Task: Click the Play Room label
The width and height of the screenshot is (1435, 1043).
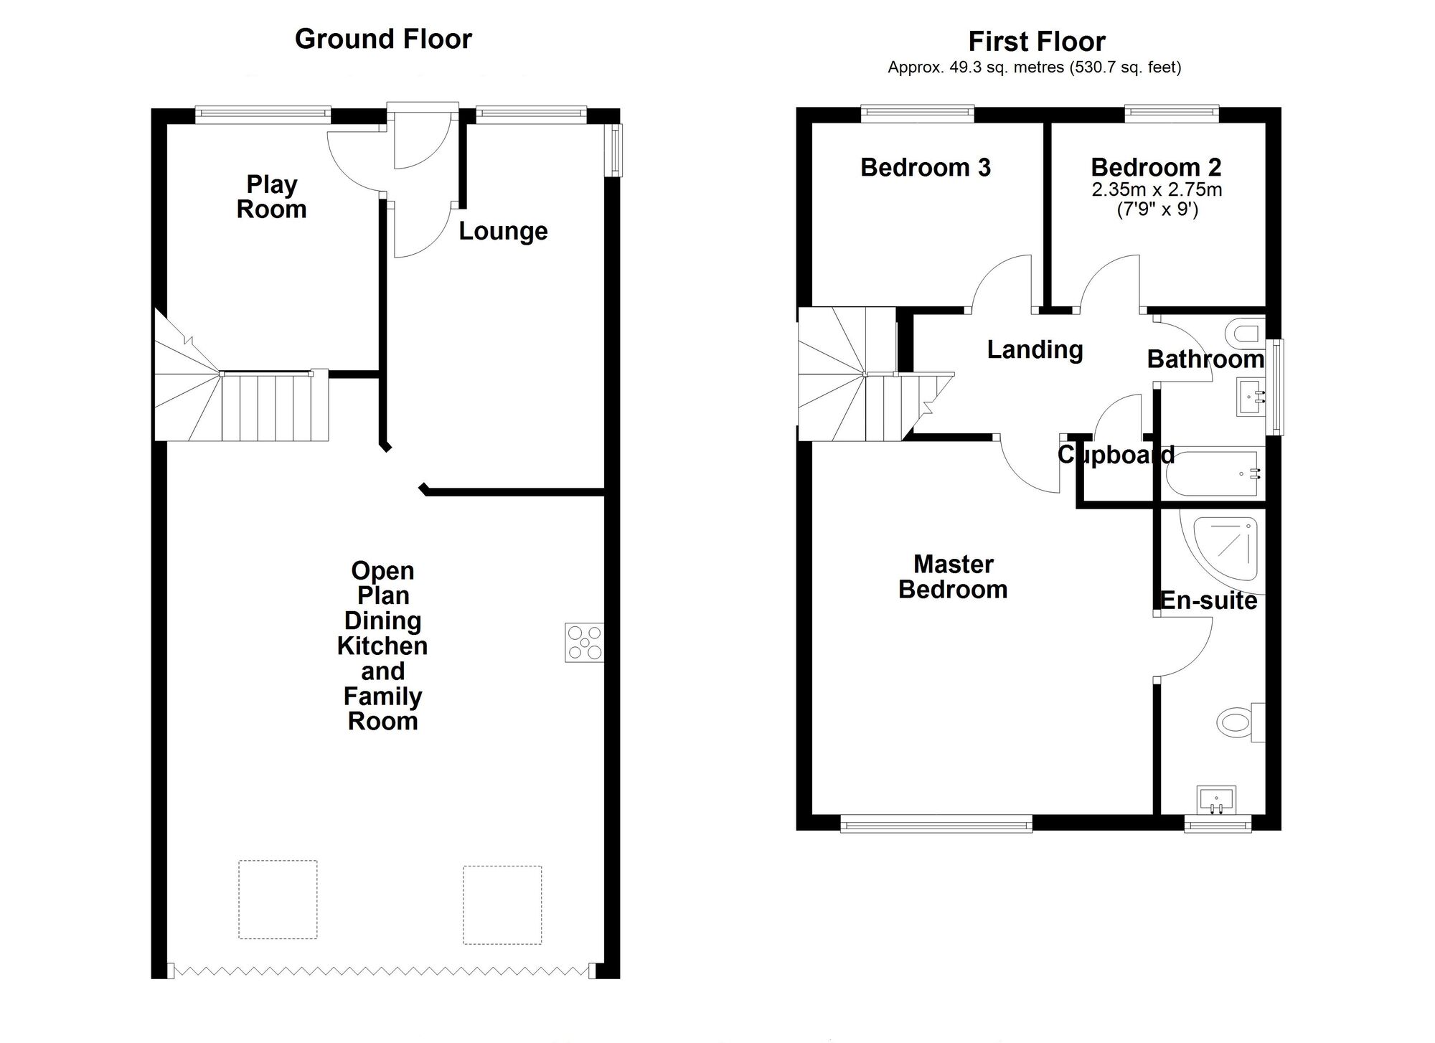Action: tap(271, 197)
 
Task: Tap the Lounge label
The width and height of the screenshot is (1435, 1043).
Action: tap(503, 231)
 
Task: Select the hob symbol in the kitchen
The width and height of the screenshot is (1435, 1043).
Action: tap(584, 642)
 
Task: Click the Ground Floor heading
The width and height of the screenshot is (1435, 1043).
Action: tap(383, 39)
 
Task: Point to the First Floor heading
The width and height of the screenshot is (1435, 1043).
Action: tap(1037, 42)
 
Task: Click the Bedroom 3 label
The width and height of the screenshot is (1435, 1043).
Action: tap(926, 167)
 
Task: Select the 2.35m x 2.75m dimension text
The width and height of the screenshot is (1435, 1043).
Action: tap(1157, 190)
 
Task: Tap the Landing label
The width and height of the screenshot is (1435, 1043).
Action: tap(1035, 350)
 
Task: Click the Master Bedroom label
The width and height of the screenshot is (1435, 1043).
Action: tap(953, 577)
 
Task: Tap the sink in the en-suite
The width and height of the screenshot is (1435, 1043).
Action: tap(1216, 801)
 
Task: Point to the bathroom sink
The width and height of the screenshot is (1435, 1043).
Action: tap(1252, 397)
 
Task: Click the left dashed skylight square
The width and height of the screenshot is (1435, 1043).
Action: tap(278, 900)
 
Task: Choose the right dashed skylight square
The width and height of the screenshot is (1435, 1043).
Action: tap(502, 905)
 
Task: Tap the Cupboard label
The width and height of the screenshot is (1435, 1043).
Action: tap(1116, 455)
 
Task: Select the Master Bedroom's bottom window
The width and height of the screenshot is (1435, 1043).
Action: tap(936, 823)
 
